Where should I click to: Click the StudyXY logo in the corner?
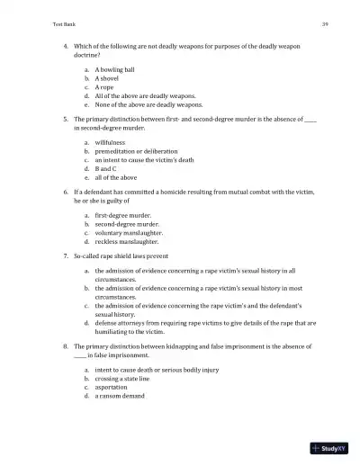331,448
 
